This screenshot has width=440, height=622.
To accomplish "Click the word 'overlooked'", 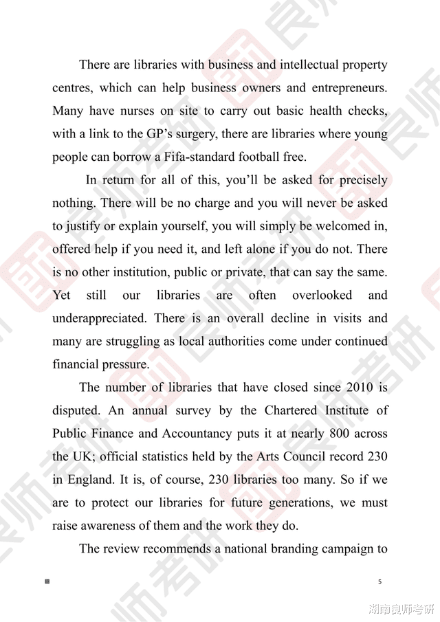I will pos(322,296).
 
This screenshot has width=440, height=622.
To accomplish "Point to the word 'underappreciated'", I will pos(100,318).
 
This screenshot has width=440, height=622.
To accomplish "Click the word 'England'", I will pos(95,480).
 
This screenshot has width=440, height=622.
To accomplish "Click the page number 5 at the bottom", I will pos(379,582).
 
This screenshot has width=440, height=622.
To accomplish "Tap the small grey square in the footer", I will pos(47,582).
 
